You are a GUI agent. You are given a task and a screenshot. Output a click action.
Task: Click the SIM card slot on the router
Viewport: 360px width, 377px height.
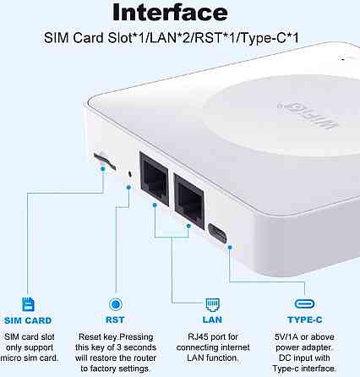(x=104, y=159)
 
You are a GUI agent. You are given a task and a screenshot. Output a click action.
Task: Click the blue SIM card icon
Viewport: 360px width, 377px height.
(x=30, y=304)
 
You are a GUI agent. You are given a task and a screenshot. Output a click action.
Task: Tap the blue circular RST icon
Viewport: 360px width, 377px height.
(x=115, y=304)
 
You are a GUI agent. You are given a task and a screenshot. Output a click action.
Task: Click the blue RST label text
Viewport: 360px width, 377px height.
(x=115, y=321)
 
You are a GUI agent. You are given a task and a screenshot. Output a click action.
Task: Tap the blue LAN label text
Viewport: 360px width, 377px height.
(x=210, y=321)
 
